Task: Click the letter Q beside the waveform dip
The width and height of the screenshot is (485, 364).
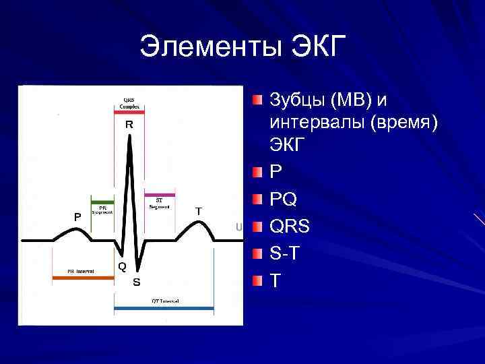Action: click(122, 266)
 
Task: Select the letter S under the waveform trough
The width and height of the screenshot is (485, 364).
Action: click(136, 281)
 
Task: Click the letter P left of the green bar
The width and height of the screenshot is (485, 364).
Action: click(77, 216)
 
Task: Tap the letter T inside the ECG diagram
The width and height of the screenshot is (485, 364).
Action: click(199, 211)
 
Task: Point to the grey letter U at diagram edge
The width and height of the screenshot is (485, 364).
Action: click(238, 227)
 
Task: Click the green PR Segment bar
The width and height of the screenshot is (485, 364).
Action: click(102, 200)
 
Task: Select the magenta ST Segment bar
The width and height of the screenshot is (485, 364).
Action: click(160, 195)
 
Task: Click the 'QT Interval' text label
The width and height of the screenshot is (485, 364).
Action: click(165, 301)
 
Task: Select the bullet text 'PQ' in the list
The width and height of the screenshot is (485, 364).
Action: click(284, 200)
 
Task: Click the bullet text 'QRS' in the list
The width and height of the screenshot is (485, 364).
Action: click(290, 226)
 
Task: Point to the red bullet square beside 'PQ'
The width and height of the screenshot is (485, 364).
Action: click(258, 200)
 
